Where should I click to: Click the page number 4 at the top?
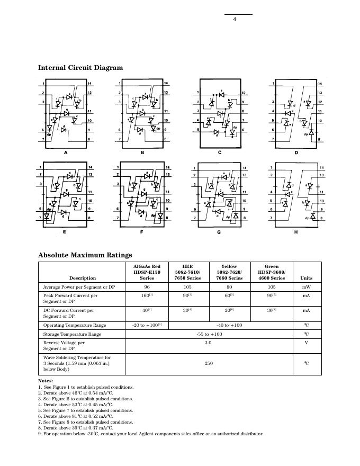[234, 20]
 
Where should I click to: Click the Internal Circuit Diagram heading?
[80, 68]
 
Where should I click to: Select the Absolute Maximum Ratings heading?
[85, 255]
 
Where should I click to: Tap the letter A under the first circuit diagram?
[66, 153]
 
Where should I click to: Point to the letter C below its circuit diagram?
[219, 153]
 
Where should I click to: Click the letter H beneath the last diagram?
[295, 233]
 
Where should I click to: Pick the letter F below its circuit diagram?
[142, 233]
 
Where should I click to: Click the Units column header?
[306, 278]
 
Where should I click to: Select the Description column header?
[83, 278]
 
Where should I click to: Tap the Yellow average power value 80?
[229, 286]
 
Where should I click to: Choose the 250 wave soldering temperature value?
[209, 364]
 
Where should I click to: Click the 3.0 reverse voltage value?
[209, 343]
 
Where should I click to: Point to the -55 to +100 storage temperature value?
[209, 334]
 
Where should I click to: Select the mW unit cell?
[306, 286]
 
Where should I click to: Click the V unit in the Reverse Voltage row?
[306, 343]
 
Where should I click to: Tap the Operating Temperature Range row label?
[74, 325]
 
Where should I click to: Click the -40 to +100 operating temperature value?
[229, 325]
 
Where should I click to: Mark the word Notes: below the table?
[46, 381]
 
